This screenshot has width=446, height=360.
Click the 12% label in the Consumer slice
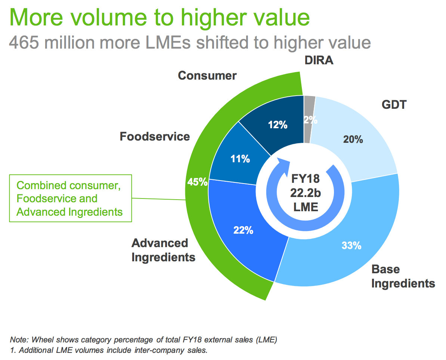pos(278,124)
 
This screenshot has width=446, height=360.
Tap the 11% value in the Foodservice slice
pos(240,159)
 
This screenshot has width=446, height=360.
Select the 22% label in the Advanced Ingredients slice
pos(243,230)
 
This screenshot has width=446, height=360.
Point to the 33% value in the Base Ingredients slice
pos(351,245)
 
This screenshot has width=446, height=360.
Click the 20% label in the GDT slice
pos(353,139)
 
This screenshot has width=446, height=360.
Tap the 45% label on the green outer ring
pos(197,182)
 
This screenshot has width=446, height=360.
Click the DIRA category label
pos(319,60)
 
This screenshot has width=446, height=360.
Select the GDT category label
pos(394,104)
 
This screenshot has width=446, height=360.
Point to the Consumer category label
pos(207,76)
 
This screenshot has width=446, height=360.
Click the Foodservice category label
pos(155,136)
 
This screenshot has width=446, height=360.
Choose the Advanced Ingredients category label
pos(163,250)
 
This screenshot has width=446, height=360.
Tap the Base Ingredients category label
pos(403,276)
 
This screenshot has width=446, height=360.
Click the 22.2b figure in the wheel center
pos(306,193)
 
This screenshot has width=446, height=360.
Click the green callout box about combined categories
pos(71,198)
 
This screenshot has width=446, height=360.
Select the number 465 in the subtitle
pos(24,43)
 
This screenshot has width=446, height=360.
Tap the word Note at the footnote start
pos(19,339)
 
